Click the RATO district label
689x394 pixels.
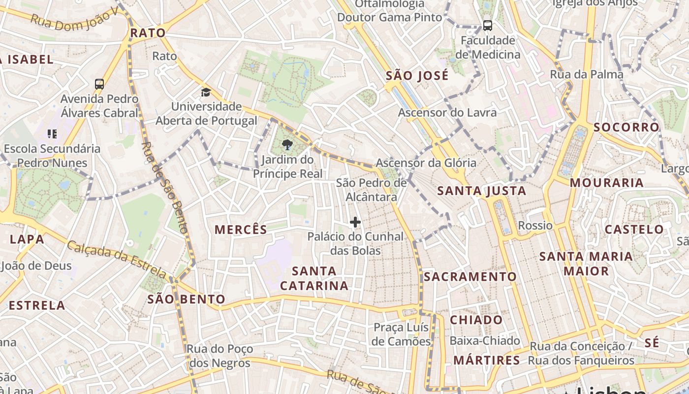click(x=148, y=33)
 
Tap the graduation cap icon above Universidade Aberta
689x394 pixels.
click(x=206, y=92)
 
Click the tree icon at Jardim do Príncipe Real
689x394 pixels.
click(x=287, y=145)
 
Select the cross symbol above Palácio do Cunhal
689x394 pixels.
click(x=355, y=222)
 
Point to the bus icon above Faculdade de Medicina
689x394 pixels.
click(x=487, y=26)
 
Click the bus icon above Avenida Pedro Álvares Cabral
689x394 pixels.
click(x=99, y=84)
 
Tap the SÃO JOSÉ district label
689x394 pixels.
click(x=417, y=75)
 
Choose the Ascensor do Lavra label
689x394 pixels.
click(x=447, y=112)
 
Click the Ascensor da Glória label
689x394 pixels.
click(x=426, y=163)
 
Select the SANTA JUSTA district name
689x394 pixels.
click(x=481, y=191)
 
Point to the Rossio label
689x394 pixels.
click(x=535, y=226)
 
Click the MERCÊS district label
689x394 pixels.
click(x=241, y=229)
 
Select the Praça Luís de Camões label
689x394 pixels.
click(x=402, y=334)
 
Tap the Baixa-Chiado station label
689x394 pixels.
click(x=484, y=340)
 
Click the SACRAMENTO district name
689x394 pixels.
click(x=470, y=276)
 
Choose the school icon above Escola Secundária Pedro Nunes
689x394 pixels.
click(x=52, y=133)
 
